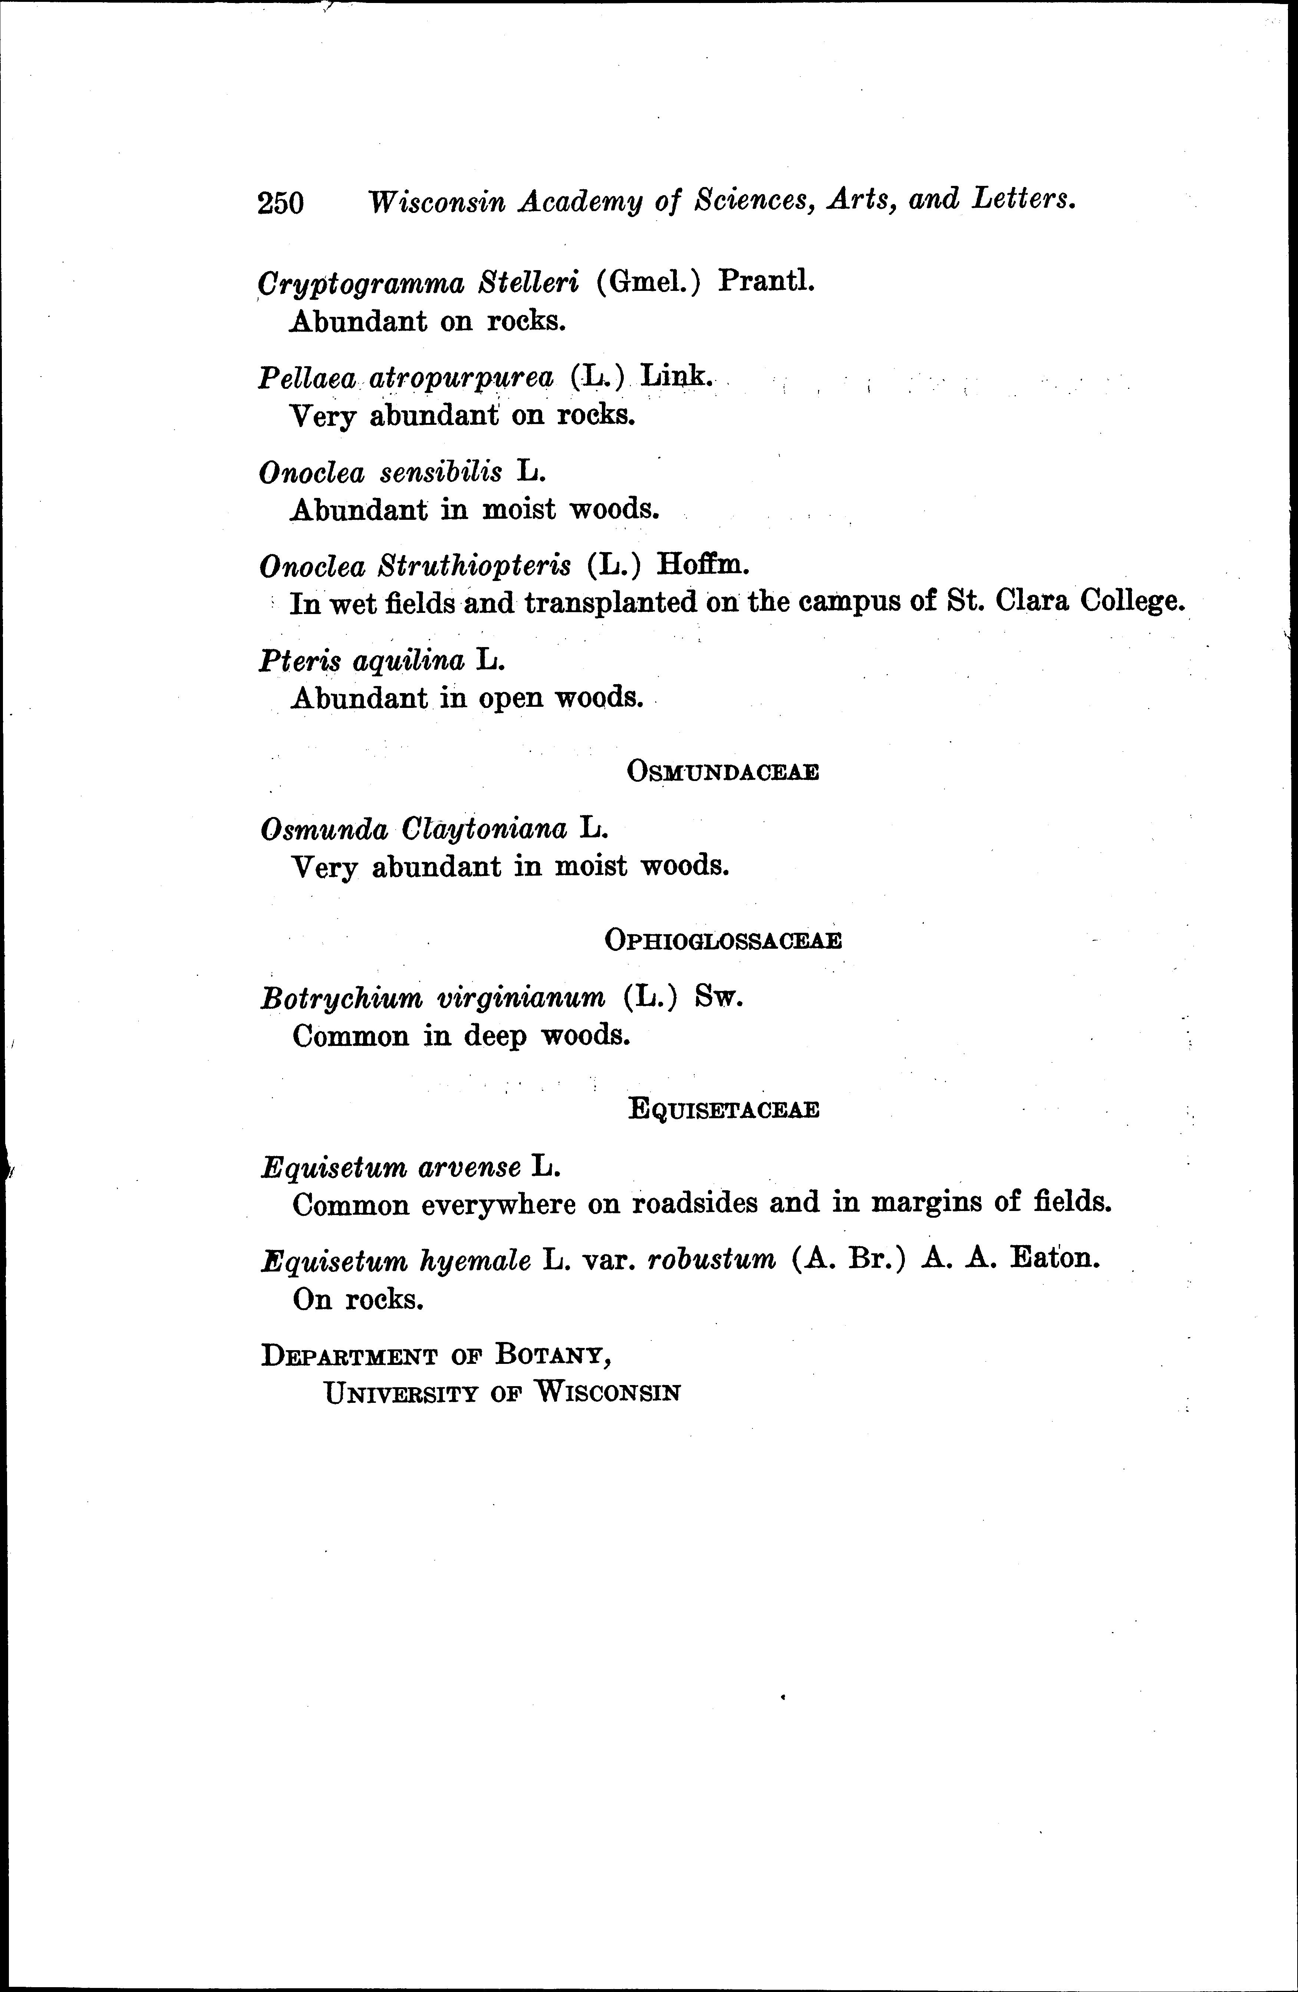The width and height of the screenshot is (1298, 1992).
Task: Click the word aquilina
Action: point(408,661)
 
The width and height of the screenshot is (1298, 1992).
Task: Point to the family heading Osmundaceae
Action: point(722,772)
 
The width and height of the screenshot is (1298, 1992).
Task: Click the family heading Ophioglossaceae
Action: point(722,941)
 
